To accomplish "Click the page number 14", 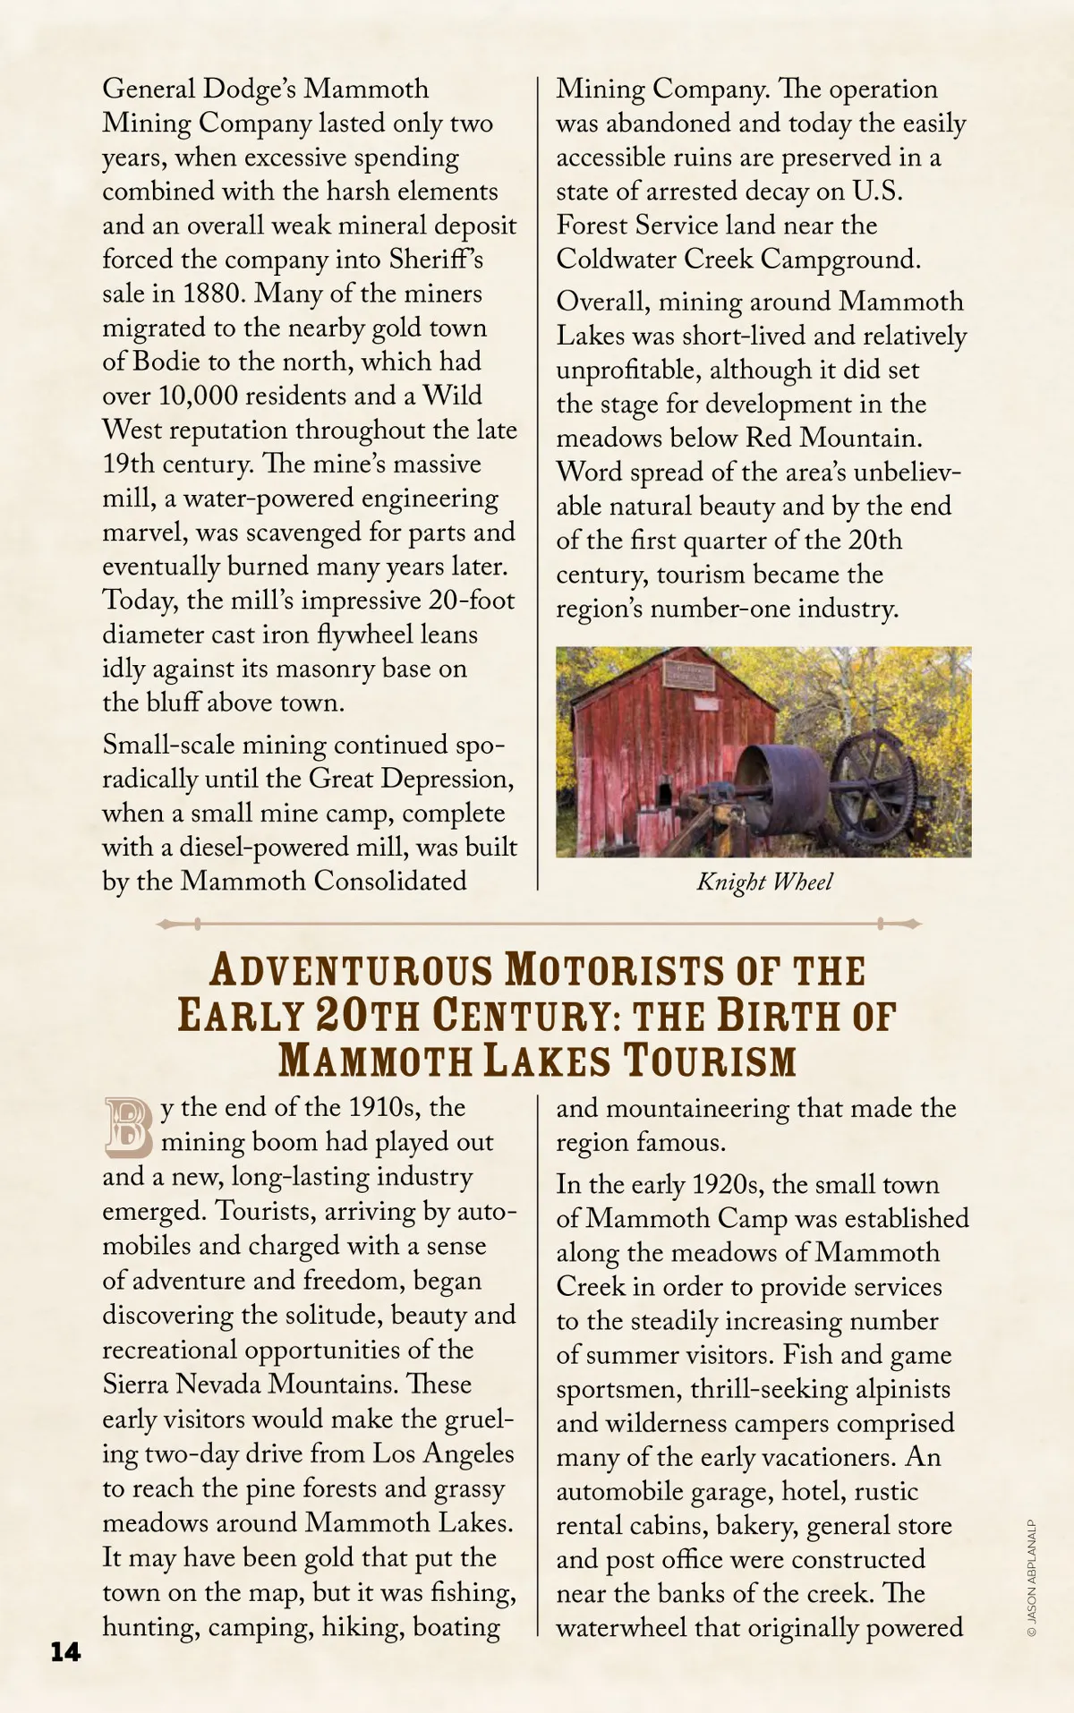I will [65, 1651].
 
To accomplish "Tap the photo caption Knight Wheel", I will [764, 882].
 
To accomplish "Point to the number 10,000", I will [198, 396].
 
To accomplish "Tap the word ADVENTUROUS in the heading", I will [351, 971].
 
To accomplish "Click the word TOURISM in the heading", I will [710, 1061].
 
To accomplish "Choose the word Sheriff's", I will [436, 260].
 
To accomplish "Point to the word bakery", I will [757, 1526].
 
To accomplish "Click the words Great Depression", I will [411, 779].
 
